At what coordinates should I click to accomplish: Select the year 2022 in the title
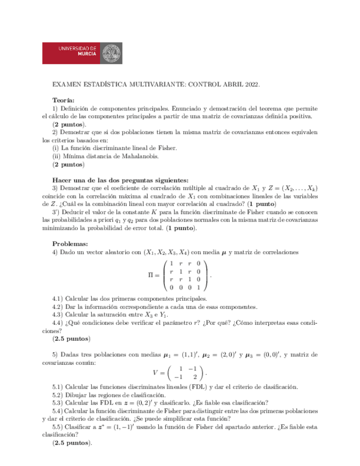[249, 85]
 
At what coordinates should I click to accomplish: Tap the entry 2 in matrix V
[195, 378]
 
